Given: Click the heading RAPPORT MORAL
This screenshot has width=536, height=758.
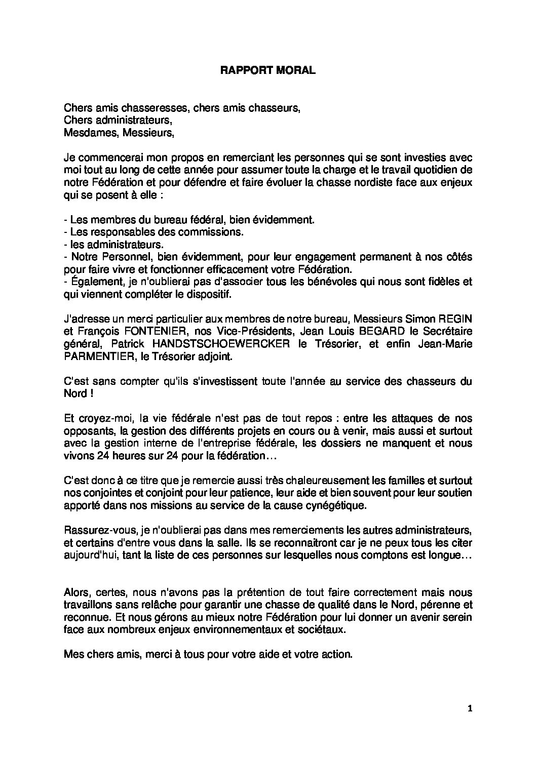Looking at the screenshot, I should [268, 71].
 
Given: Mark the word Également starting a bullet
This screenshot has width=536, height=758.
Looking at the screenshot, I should [93, 282].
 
